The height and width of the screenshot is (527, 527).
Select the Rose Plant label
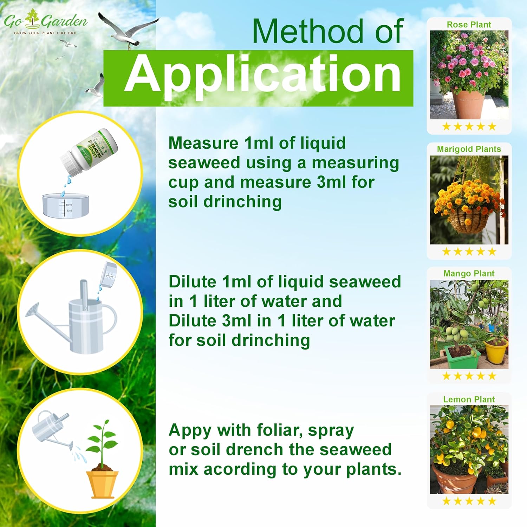pos(469,25)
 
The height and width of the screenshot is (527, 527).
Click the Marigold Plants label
pos(469,149)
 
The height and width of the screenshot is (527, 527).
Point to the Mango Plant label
pos(469,273)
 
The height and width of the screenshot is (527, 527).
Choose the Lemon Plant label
pos(469,399)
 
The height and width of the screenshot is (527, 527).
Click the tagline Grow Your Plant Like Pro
pos(45,33)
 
